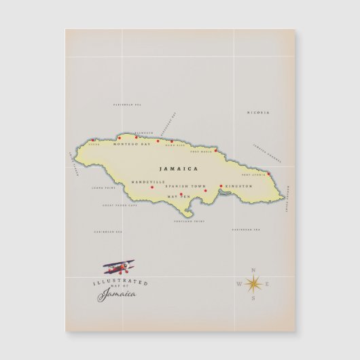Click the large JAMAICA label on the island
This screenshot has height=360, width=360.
(179, 168)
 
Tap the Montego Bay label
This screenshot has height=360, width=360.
(132, 145)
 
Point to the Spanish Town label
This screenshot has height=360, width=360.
(189, 185)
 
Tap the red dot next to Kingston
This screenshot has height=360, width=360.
(221, 185)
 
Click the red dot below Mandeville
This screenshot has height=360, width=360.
(152, 187)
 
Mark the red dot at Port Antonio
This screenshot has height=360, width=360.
(269, 174)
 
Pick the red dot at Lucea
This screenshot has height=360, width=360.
(93, 141)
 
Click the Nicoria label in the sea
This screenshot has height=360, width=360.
(258, 112)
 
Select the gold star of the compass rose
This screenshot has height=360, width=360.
(255, 284)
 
